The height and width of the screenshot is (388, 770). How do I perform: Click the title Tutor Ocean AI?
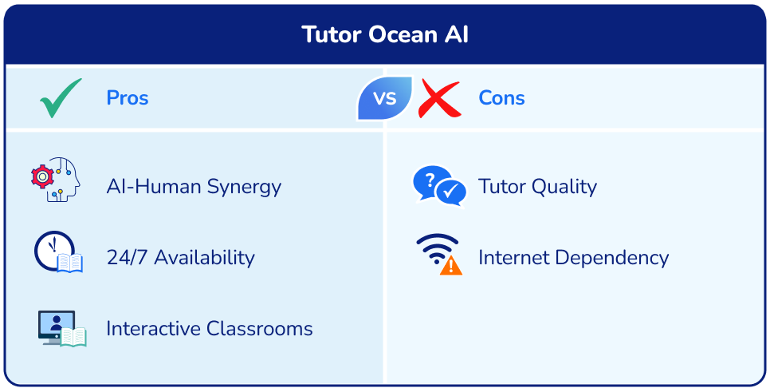click(x=385, y=35)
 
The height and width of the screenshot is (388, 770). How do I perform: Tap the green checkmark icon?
click(x=61, y=98)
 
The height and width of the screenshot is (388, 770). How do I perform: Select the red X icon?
click(x=440, y=98)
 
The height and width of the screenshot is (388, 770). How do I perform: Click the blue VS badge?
click(x=385, y=98)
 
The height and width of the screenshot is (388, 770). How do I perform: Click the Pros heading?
click(x=128, y=98)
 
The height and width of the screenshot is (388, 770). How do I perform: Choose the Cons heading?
click(x=501, y=98)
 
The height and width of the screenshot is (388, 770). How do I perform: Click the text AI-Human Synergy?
click(x=194, y=187)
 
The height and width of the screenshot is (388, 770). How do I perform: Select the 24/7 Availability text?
click(x=180, y=258)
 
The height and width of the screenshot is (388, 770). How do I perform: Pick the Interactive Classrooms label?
click(x=209, y=329)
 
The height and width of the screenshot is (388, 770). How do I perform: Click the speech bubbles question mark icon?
click(x=438, y=186)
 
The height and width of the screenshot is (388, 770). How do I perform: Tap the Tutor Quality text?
click(x=537, y=187)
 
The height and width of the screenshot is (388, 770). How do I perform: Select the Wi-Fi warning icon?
click(x=439, y=254)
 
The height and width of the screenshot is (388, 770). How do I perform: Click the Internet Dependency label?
click(x=573, y=258)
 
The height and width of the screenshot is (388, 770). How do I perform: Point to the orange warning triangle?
click(x=451, y=265)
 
